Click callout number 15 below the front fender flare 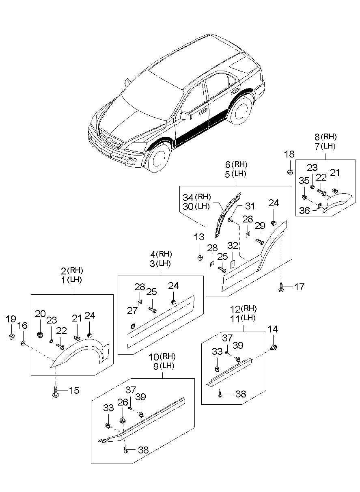pyautogui.click(x=74, y=391)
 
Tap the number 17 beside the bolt pyautogui.click(x=299, y=287)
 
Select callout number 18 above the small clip pyautogui.click(x=289, y=154)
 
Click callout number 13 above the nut pyautogui.click(x=199, y=237)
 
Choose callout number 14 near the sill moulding pyautogui.click(x=273, y=329)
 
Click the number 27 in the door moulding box pyautogui.click(x=132, y=311)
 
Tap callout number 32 pyautogui.click(x=233, y=245)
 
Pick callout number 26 pyautogui.click(x=122, y=402)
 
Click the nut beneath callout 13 pyautogui.click(x=200, y=258)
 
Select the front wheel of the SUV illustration pyautogui.click(x=159, y=157)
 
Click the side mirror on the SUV pyautogui.click(x=186, y=116)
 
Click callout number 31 pyautogui.click(x=250, y=207)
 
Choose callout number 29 pyautogui.click(x=260, y=226)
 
